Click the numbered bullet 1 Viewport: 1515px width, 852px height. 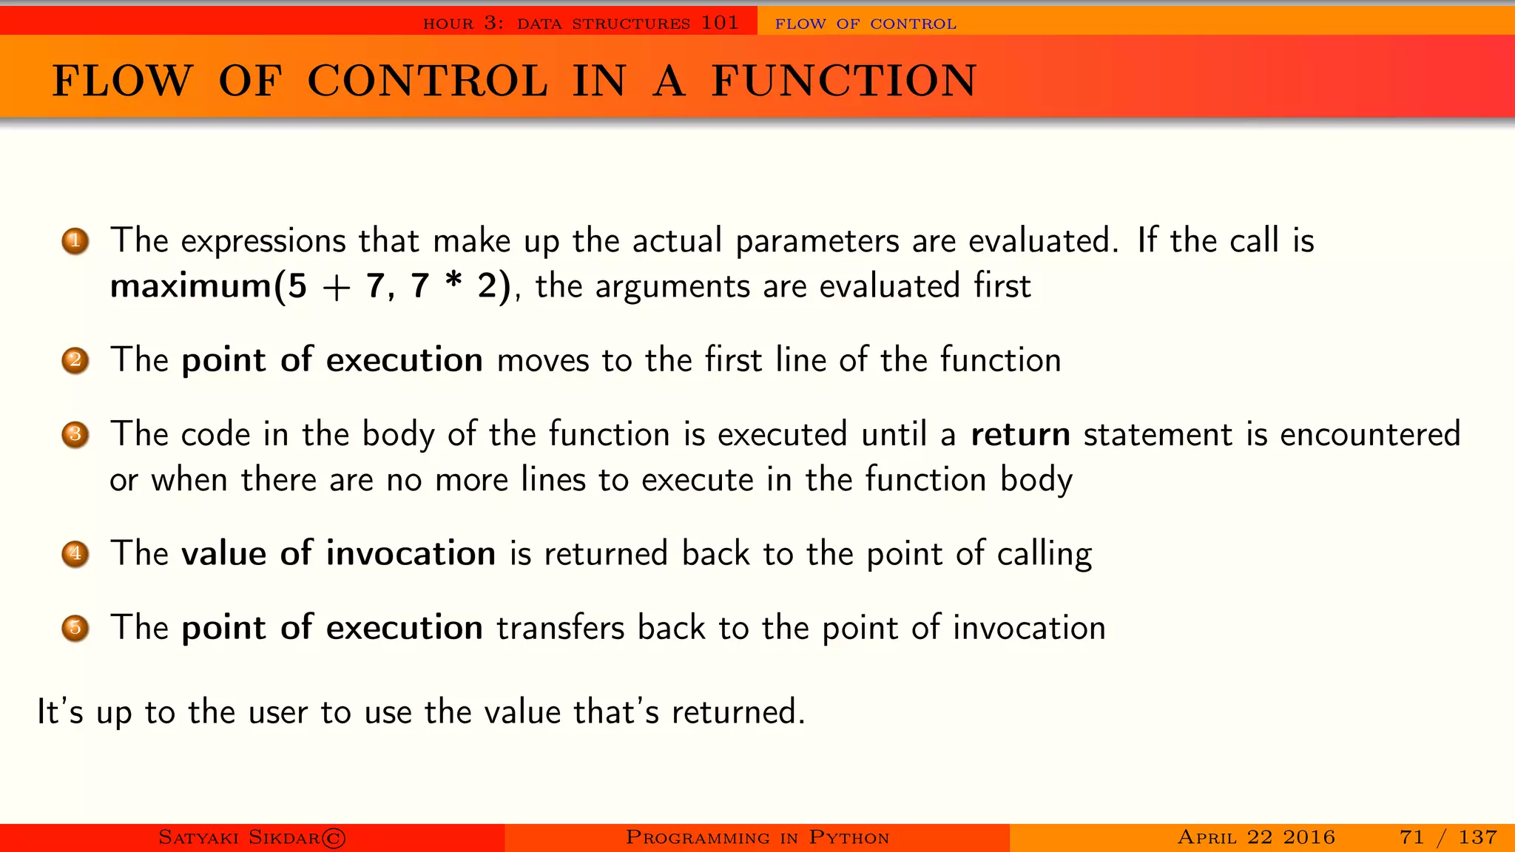click(x=75, y=241)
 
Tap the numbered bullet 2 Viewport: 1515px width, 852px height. click(x=75, y=361)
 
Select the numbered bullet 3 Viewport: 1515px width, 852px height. click(x=75, y=435)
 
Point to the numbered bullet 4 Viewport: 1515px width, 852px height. click(x=75, y=554)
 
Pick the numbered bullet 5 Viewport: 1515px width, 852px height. click(x=75, y=629)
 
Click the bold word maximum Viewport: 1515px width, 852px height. click(x=191, y=286)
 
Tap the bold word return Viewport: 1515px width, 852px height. click(x=1020, y=435)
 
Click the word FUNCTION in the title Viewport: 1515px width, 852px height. click(x=844, y=81)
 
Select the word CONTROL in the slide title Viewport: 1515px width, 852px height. click(x=428, y=81)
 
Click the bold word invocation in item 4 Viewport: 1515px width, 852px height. click(x=411, y=554)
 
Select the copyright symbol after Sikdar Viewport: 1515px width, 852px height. click(x=334, y=838)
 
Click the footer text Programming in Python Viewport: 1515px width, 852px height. click(x=757, y=837)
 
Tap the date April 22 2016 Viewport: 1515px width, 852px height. click(x=1256, y=837)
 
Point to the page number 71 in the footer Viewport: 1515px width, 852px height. click(x=1411, y=837)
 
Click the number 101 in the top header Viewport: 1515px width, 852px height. click(x=720, y=23)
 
